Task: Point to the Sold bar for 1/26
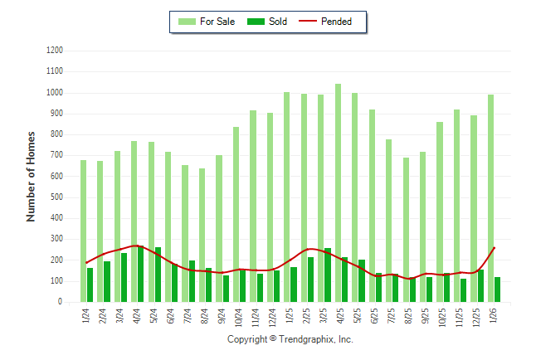[x=497, y=289]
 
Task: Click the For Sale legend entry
[x=207, y=22]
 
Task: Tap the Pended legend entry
[x=331, y=22]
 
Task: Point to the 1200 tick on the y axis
[x=55, y=51]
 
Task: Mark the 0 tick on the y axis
[x=61, y=302]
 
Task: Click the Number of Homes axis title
[x=31, y=176]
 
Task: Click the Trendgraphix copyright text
[x=290, y=339]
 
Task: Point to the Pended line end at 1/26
[x=495, y=247]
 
